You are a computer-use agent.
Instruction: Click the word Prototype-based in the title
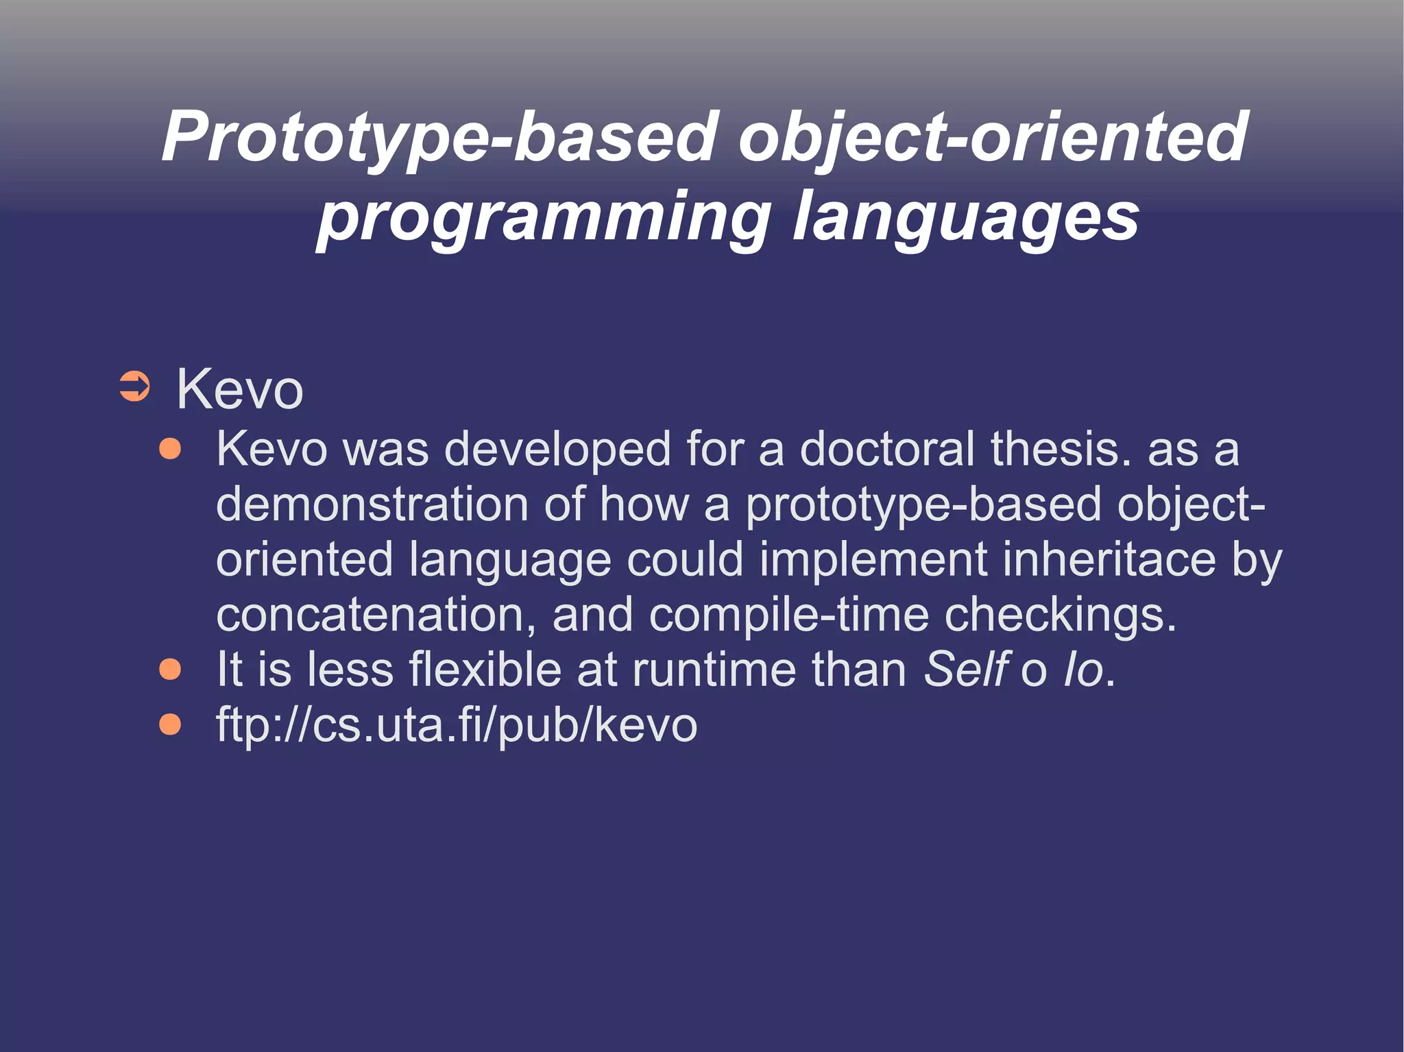[439, 137]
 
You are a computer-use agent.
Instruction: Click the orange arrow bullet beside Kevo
[134, 387]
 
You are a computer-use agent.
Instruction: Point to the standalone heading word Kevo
[239, 389]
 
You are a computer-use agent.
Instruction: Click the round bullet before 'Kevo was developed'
[170, 450]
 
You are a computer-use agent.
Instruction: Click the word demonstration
[372, 504]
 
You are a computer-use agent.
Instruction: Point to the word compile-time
[788, 615]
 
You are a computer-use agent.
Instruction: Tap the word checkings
[1059, 615]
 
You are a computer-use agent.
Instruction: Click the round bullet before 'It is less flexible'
[170, 670]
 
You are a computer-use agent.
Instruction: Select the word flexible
[485, 670]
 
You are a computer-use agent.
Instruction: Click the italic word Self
[965, 670]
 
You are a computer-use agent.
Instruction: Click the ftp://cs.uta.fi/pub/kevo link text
[456, 725]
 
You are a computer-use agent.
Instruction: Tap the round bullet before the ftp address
[170, 724]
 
